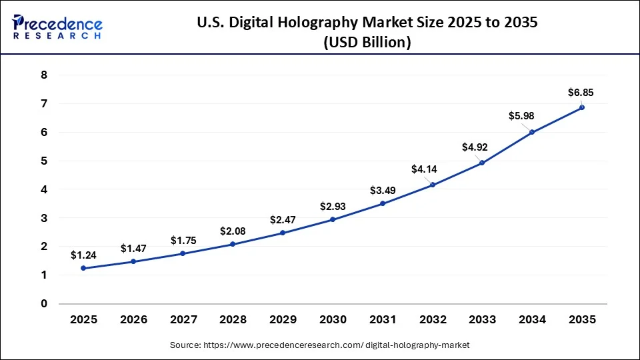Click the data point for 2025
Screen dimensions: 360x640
pos(83,268)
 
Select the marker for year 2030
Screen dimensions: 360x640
pos(333,219)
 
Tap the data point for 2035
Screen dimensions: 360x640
pos(582,107)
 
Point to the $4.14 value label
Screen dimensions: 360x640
pos(424,169)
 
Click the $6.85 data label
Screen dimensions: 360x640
pos(580,92)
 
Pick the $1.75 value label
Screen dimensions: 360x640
pos(183,240)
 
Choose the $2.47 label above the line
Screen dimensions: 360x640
pos(283,219)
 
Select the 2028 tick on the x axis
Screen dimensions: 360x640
pos(233,320)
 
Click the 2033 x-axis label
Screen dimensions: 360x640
pos(482,320)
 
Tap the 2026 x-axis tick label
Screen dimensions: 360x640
pos(133,320)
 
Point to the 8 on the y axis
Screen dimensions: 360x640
pos(44,75)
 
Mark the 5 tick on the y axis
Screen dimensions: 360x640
pos(44,161)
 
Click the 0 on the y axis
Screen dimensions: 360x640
pos(44,304)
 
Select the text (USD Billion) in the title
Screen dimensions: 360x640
pos(367,43)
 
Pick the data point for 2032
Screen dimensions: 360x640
pos(433,185)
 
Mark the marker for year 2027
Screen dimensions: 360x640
pos(183,253)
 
